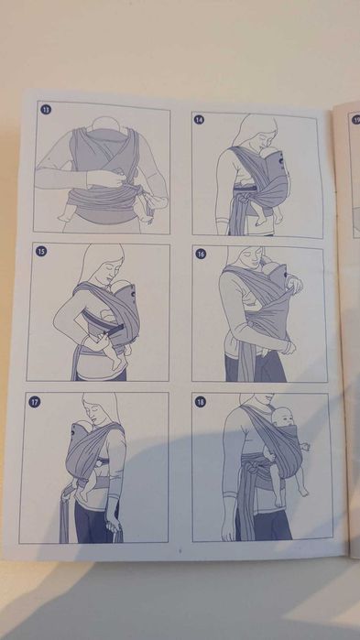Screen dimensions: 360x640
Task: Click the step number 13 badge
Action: pyautogui.click(x=46, y=109)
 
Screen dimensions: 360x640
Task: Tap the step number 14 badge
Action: pyautogui.click(x=199, y=120)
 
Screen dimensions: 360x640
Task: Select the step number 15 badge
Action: pyautogui.click(x=41, y=252)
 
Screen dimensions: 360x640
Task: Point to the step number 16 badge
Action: pyautogui.click(x=201, y=254)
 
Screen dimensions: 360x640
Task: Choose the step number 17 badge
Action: pyautogui.click(x=34, y=402)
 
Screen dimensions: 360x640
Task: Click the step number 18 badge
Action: pyautogui.click(x=200, y=402)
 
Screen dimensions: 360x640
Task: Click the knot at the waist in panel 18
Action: pyautogui.click(x=249, y=467)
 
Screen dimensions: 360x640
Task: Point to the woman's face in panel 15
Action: pyautogui.click(x=109, y=270)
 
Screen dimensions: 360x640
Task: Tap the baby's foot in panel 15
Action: pyautogui.click(x=116, y=363)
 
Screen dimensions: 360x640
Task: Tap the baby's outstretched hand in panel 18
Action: pyautogui.click(x=305, y=447)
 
